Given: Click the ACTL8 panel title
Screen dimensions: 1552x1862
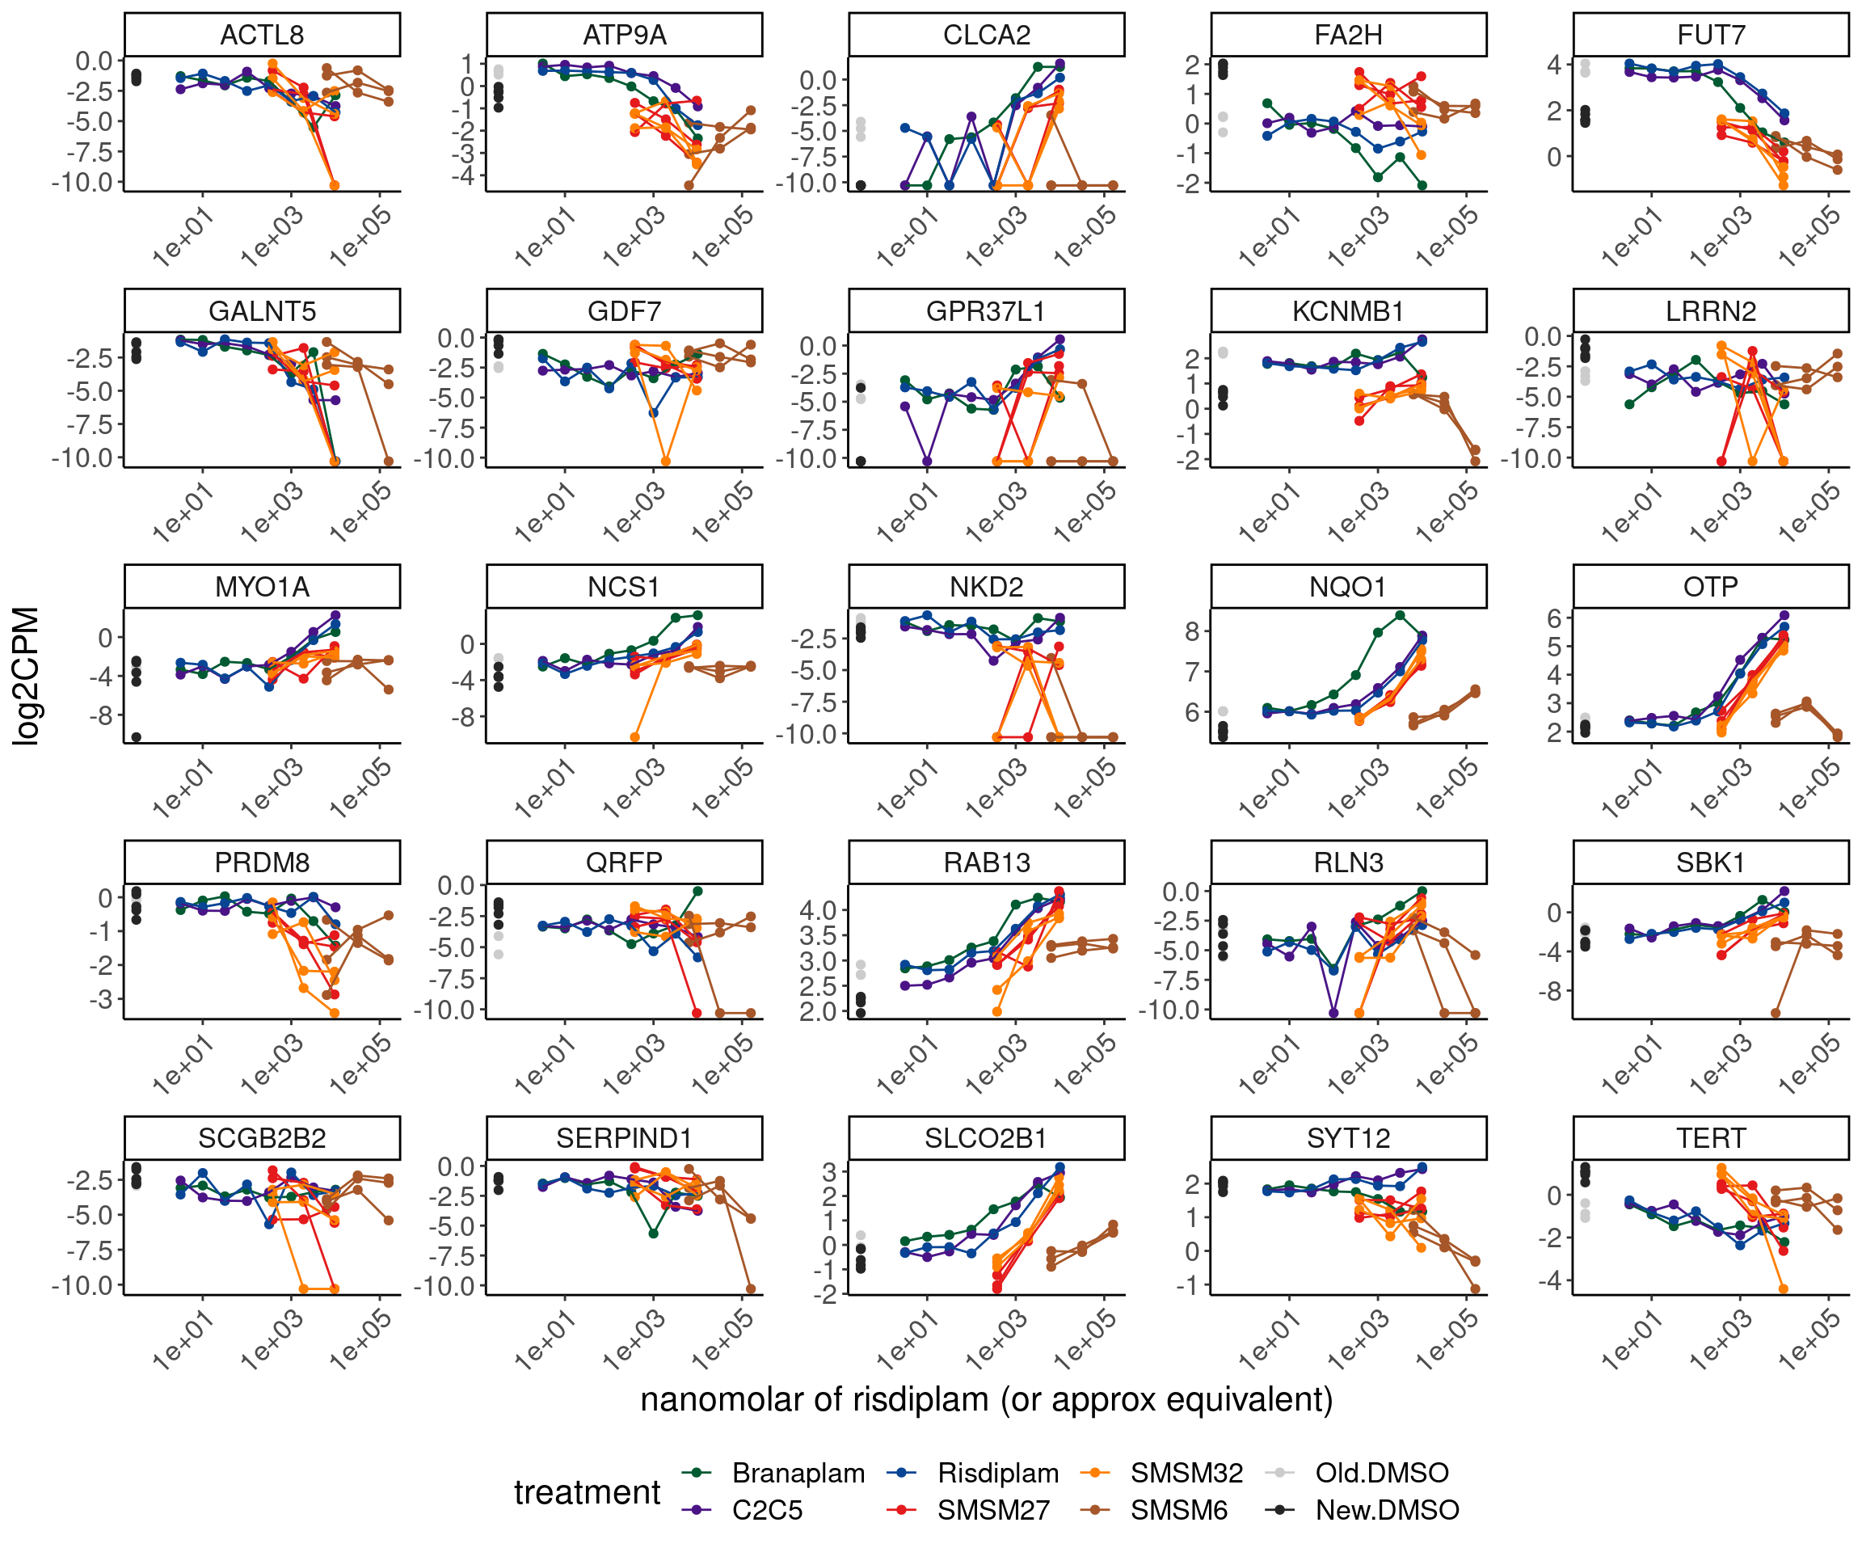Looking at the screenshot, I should click(262, 36).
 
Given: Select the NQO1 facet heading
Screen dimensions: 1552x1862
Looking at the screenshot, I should click(1348, 587).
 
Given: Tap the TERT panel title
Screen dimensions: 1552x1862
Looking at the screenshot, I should click(1710, 1138).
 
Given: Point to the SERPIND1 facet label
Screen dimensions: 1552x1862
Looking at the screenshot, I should click(623, 1138).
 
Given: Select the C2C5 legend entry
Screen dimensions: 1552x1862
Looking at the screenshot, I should click(767, 1510).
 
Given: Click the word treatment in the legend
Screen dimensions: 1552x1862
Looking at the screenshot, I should click(587, 1491).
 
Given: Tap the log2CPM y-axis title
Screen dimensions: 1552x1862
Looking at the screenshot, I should click(27, 676).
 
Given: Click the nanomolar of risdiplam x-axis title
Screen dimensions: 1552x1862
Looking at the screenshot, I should click(986, 1399).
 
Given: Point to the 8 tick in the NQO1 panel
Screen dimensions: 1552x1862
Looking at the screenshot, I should click(1192, 631).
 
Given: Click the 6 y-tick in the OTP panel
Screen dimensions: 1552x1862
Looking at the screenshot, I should click(1554, 618).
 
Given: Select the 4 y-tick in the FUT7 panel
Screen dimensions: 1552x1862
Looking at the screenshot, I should click(1554, 65).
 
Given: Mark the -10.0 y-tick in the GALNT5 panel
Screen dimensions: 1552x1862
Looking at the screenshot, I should click(86, 458).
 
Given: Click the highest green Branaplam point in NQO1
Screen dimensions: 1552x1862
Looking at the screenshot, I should click(1400, 615).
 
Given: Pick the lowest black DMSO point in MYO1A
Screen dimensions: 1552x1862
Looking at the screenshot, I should click(137, 737).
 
